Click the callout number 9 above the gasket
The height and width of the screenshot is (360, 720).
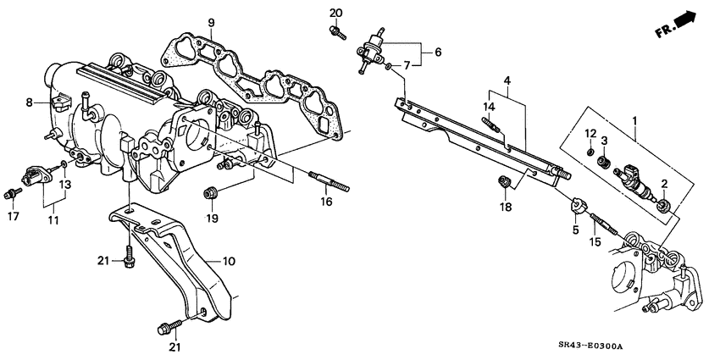click(x=211, y=21)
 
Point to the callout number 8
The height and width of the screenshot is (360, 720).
click(x=29, y=102)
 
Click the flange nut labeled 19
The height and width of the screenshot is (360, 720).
click(x=210, y=192)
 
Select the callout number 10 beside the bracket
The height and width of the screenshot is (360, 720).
click(x=228, y=262)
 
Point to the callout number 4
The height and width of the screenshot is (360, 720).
click(x=507, y=81)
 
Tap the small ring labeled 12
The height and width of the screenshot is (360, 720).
click(x=590, y=152)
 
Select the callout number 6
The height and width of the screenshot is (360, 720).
click(x=438, y=51)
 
